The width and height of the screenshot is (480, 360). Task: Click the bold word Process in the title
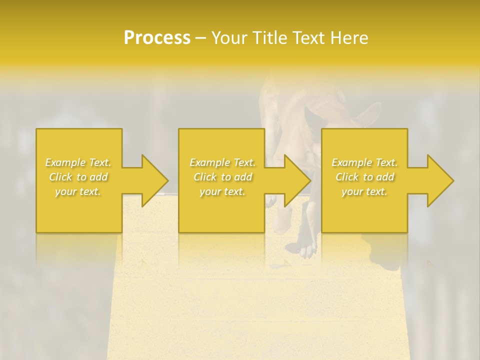(157, 38)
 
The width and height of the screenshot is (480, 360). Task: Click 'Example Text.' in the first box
(78, 162)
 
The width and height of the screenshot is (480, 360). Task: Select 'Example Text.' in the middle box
(222, 162)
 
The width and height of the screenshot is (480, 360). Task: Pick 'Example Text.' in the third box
(364, 162)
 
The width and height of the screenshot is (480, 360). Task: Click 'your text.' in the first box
(78, 191)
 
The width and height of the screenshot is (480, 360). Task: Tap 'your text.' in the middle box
(222, 191)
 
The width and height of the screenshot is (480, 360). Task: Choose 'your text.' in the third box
(364, 191)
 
